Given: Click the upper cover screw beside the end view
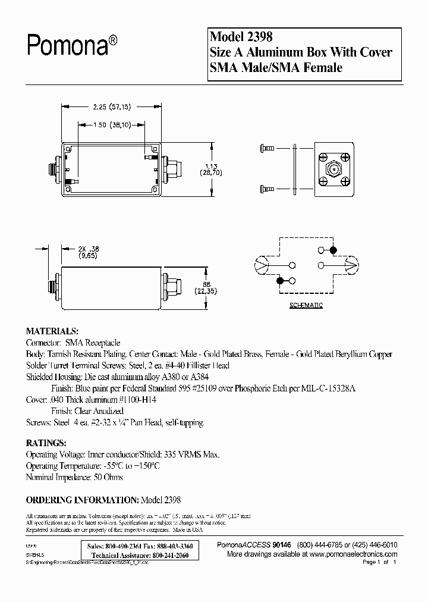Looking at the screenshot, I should [267, 146].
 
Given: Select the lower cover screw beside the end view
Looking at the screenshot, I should [267, 189].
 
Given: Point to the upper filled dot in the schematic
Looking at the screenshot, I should [333, 250].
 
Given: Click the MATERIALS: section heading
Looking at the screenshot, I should [52, 331].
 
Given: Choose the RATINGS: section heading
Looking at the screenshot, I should [46, 443].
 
